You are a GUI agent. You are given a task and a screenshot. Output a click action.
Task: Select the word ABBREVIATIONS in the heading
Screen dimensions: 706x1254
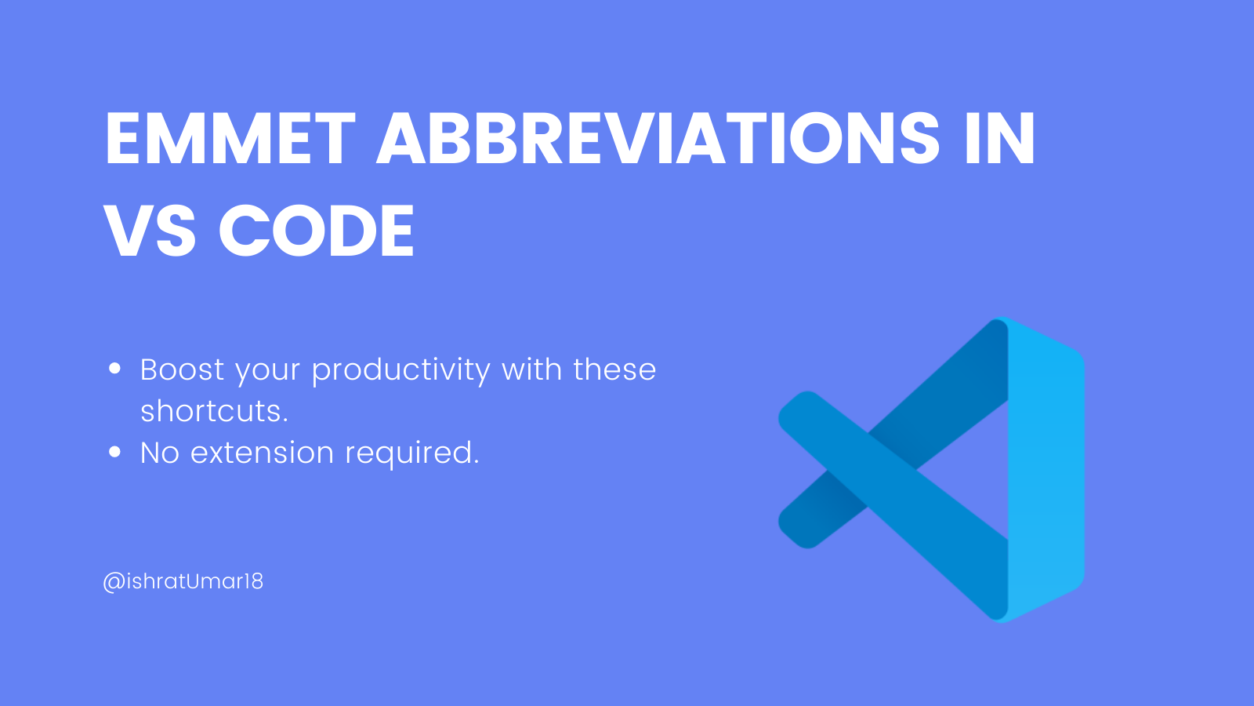point(658,139)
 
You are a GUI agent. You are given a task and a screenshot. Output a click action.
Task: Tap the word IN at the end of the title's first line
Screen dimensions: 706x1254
point(1000,139)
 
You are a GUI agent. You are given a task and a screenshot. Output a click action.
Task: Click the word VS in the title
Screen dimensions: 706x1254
point(150,231)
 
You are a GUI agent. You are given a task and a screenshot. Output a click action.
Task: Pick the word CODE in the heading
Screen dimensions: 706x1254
point(316,231)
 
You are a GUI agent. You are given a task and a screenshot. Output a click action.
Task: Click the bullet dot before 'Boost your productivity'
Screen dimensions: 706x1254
point(115,368)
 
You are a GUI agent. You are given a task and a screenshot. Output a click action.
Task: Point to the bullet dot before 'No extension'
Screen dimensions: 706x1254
point(115,452)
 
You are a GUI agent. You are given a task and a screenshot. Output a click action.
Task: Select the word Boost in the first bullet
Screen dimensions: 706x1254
point(182,369)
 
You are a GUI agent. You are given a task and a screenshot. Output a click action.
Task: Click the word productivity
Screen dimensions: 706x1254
point(401,371)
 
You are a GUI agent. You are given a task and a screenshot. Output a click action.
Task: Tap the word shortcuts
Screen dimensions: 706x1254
point(214,411)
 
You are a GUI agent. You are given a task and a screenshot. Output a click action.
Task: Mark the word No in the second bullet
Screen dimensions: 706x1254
point(160,453)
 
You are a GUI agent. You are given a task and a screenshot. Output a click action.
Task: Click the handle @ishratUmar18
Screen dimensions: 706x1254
point(183,581)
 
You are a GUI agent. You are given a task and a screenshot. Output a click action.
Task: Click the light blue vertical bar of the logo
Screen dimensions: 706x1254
point(1046,471)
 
